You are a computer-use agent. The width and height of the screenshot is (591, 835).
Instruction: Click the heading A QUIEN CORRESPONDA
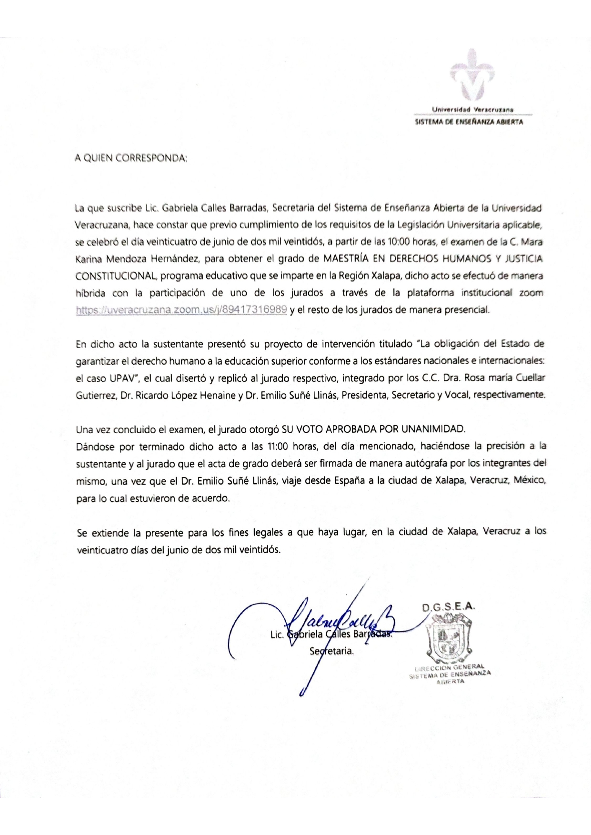(131, 158)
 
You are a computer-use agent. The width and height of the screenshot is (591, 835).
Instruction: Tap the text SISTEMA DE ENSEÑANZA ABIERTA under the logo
(469, 122)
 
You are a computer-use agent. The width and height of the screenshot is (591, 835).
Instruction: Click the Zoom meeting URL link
(181, 310)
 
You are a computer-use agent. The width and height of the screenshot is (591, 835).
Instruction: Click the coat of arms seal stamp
(449, 638)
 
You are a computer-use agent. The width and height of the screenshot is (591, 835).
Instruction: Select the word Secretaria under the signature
(331, 651)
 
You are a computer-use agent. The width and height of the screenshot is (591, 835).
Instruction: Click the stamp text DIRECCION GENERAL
(450, 667)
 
